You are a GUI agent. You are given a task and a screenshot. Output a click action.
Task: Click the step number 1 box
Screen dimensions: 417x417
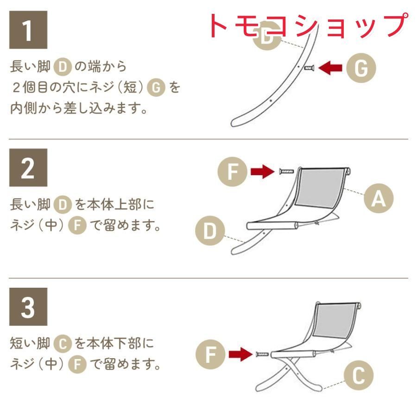coord(28,30)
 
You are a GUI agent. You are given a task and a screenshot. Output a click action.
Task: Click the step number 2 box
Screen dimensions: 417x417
coord(28,168)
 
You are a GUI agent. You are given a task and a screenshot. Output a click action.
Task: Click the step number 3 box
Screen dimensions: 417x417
coord(28,307)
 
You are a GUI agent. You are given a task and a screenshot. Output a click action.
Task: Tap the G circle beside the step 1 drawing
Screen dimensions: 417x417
coord(361,68)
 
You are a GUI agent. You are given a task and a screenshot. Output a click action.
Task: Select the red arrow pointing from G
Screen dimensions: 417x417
coord(330,68)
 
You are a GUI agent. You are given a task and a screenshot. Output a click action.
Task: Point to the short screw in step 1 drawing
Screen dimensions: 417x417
coord(309,68)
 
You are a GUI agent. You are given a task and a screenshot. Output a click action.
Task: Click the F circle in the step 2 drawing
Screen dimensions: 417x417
coord(233,171)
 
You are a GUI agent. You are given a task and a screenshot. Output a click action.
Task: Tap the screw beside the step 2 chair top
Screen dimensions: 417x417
coord(286,171)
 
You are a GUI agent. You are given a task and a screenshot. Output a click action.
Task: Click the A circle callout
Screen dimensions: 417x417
coord(379,198)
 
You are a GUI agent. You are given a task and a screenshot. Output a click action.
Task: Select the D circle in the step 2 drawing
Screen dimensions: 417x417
coord(210,231)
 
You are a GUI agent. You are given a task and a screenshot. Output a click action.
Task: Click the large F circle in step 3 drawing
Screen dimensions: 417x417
coord(210,354)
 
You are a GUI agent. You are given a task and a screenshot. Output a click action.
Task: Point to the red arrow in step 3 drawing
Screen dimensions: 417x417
coord(240,354)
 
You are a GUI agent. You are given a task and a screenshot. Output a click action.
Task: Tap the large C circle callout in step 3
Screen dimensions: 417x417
coord(359,375)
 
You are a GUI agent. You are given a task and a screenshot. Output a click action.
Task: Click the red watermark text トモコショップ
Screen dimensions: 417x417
coord(309,25)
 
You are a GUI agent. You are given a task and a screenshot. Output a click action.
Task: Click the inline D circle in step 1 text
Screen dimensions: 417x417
coord(63,67)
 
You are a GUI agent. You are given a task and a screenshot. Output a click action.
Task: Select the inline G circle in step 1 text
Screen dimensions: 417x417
coord(156,88)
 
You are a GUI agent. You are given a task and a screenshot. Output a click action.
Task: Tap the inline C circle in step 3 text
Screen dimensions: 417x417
coord(63,344)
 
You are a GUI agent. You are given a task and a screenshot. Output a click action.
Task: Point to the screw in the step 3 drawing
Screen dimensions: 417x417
coord(262,354)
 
